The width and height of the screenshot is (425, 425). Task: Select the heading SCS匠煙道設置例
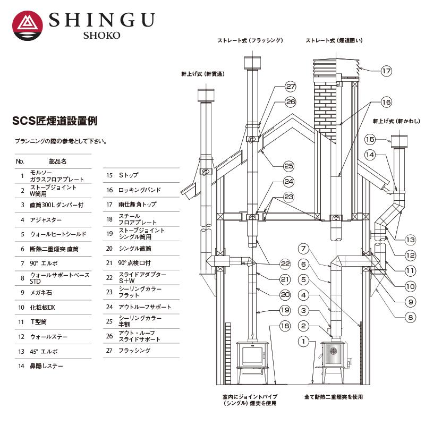55,121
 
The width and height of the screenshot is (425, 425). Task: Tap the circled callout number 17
386,70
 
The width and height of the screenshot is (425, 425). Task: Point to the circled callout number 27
290,87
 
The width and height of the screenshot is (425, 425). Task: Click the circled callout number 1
303,342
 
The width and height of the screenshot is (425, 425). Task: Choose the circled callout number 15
370,139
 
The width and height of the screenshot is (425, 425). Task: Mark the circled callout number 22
285,264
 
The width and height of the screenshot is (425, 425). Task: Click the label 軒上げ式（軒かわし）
394,121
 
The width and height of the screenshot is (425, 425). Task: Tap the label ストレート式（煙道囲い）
334,40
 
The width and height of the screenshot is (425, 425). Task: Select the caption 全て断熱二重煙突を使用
334,397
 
